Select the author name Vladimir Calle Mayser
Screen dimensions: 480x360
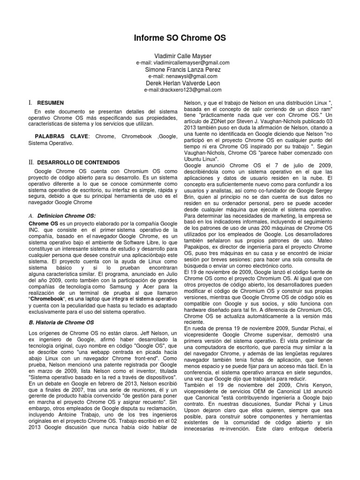[180, 56]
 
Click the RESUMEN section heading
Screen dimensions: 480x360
[51, 102]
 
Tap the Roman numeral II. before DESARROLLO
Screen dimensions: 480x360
[31, 162]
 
